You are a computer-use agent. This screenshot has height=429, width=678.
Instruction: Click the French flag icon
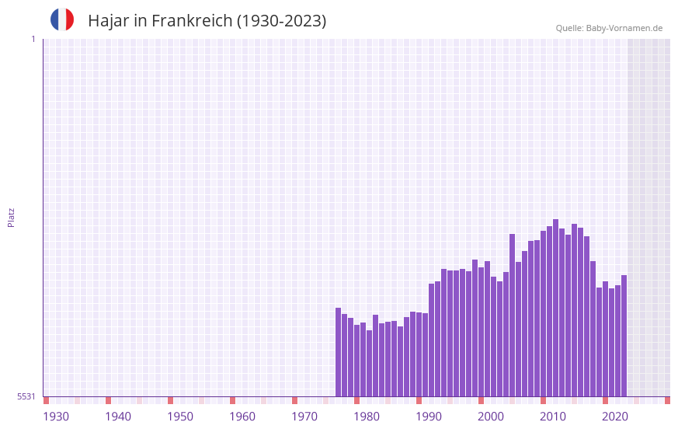[62, 19]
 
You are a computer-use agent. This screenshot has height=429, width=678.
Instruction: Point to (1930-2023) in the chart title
[281, 21]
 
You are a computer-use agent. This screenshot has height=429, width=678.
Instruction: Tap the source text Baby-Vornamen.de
[624, 28]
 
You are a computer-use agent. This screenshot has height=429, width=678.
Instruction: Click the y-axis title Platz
[11, 217]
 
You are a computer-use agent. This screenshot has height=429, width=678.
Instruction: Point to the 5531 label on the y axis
[26, 396]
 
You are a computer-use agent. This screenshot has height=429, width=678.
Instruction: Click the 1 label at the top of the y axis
[33, 39]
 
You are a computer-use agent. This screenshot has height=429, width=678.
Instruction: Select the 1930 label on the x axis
[56, 417]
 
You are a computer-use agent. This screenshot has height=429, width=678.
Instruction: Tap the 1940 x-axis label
[118, 417]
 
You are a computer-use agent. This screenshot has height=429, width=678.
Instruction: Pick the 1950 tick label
[180, 417]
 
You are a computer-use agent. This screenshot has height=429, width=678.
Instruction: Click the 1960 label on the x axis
[242, 417]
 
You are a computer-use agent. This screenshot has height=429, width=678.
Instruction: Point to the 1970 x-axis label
[304, 417]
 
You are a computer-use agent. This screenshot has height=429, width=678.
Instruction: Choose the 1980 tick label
[367, 417]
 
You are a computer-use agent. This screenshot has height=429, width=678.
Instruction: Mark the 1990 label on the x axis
[429, 417]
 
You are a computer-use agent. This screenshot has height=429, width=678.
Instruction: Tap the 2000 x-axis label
[491, 417]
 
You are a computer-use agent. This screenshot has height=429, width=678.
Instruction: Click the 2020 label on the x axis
[615, 417]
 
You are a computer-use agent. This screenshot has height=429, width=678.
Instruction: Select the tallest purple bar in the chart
[556, 308]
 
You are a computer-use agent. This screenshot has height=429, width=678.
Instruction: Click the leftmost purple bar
[339, 352]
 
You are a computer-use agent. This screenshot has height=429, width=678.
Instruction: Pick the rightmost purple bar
[624, 336]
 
